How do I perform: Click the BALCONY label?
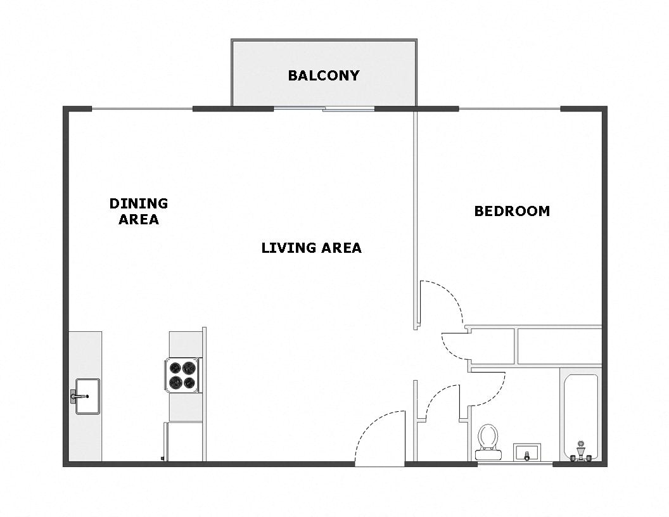(x=323, y=75)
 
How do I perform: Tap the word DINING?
(x=139, y=203)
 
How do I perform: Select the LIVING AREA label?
(x=311, y=248)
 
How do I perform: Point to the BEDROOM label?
(x=512, y=211)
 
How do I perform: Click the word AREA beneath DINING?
(x=139, y=220)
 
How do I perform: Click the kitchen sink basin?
(x=88, y=396)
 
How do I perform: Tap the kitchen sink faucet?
(x=75, y=397)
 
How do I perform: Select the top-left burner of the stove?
(x=174, y=367)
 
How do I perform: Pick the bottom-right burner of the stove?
(x=190, y=383)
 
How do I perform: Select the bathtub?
(x=580, y=415)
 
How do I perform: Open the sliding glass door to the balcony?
(x=324, y=109)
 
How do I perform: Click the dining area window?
(x=142, y=109)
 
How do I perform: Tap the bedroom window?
(x=509, y=109)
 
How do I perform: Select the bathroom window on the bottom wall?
(x=514, y=464)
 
